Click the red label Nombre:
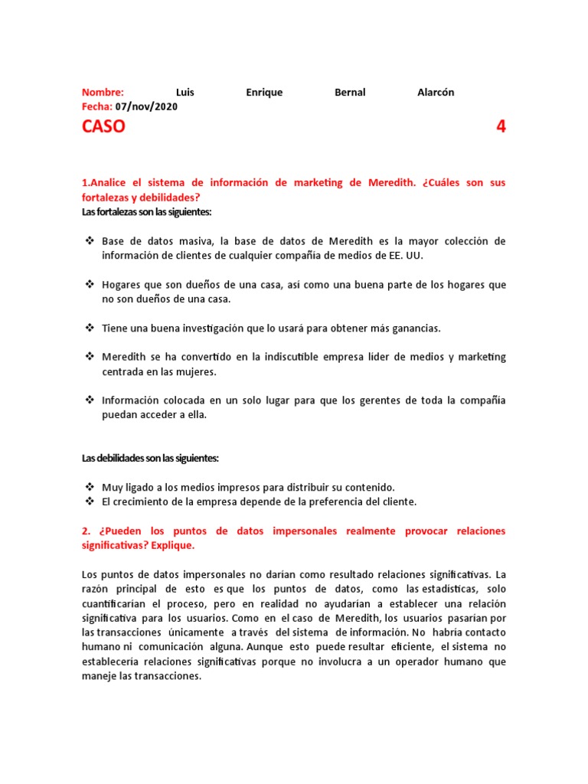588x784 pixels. pos(103,93)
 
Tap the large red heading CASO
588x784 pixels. pos(103,127)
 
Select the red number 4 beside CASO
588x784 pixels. pos(501,127)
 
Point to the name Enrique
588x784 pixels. pos(264,93)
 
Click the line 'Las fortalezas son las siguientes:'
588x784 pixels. pos(146,211)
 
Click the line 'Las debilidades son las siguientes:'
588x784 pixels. pos(150,458)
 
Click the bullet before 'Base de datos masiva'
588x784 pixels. pos(88,241)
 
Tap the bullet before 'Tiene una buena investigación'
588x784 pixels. pos(88,328)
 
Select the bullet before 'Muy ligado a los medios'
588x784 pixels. pos(88,487)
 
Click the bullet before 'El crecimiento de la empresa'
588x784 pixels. pos(88,501)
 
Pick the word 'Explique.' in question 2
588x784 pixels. pos(173,546)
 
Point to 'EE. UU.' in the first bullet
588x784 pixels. pos(403,256)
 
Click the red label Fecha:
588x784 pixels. pos(97,106)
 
